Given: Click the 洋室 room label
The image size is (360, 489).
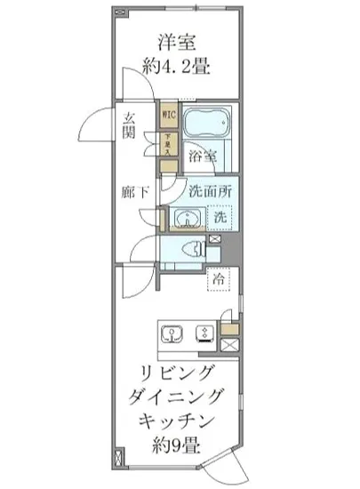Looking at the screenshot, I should tap(180, 43).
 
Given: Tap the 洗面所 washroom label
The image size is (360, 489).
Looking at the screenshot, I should tap(211, 189).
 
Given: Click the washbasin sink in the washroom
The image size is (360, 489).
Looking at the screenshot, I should tap(183, 217).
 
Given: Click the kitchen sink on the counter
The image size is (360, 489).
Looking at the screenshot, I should tap(172, 335).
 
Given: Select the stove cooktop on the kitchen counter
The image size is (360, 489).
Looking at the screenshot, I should tap(203, 335).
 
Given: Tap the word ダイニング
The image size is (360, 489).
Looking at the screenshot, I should tap(180, 397).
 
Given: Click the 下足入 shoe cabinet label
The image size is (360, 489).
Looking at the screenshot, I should tap(167, 142).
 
